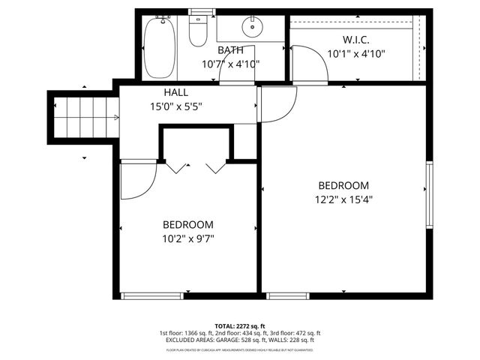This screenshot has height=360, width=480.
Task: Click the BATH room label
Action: [229, 50]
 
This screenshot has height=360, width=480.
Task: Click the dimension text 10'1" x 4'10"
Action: [356, 53]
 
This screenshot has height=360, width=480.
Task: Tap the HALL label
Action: [166, 92]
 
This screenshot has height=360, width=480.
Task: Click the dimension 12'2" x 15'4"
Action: [344, 199]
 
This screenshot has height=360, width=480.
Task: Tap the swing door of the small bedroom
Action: [137, 181]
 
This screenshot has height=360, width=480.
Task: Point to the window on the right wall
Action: [430, 195]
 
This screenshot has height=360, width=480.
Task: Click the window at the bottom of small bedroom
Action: [152, 295]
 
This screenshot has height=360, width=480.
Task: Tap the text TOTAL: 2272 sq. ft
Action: [240, 325]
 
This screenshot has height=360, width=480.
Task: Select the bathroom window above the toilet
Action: [199, 10]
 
